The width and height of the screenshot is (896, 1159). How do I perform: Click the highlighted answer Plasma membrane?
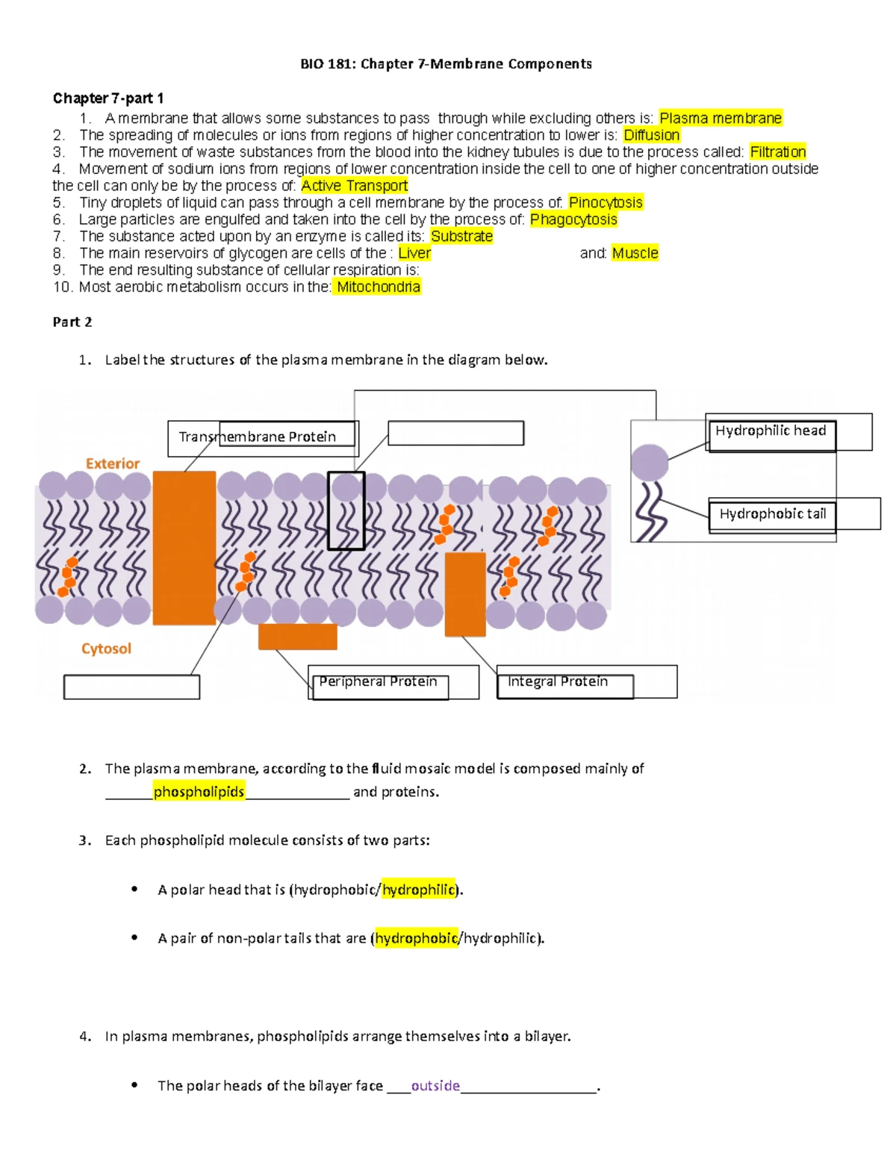coord(721,118)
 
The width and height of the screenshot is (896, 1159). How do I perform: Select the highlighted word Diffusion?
coord(651,135)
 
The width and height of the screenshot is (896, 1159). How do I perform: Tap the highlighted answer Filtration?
coord(777,152)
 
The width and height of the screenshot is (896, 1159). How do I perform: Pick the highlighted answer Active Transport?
coord(354,186)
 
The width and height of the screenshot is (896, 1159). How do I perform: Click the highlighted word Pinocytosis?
coord(606,202)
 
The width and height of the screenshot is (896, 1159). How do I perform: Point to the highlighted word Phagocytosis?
coord(573,219)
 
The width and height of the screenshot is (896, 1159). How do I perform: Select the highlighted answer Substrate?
coord(461,237)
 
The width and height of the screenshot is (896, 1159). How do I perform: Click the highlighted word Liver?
coord(414,253)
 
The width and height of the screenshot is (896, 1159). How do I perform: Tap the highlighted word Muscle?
coord(635,253)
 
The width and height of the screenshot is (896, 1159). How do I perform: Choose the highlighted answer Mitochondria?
coord(378,287)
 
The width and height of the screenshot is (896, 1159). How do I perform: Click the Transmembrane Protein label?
coord(258,437)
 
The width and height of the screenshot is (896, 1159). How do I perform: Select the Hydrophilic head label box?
coord(771,431)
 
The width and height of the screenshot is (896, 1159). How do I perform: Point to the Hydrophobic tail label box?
coord(772,514)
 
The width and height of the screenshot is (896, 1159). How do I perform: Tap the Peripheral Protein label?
coord(378,682)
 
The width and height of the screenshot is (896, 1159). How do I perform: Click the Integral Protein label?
coord(558,682)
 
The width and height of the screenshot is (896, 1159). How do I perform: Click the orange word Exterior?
coord(113,463)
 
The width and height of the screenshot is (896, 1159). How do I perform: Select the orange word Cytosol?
coord(106,649)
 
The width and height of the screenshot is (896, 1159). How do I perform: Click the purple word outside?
coord(435,1086)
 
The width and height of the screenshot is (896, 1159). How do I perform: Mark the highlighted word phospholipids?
coord(199,792)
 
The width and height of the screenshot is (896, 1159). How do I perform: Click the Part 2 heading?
coord(72,322)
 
